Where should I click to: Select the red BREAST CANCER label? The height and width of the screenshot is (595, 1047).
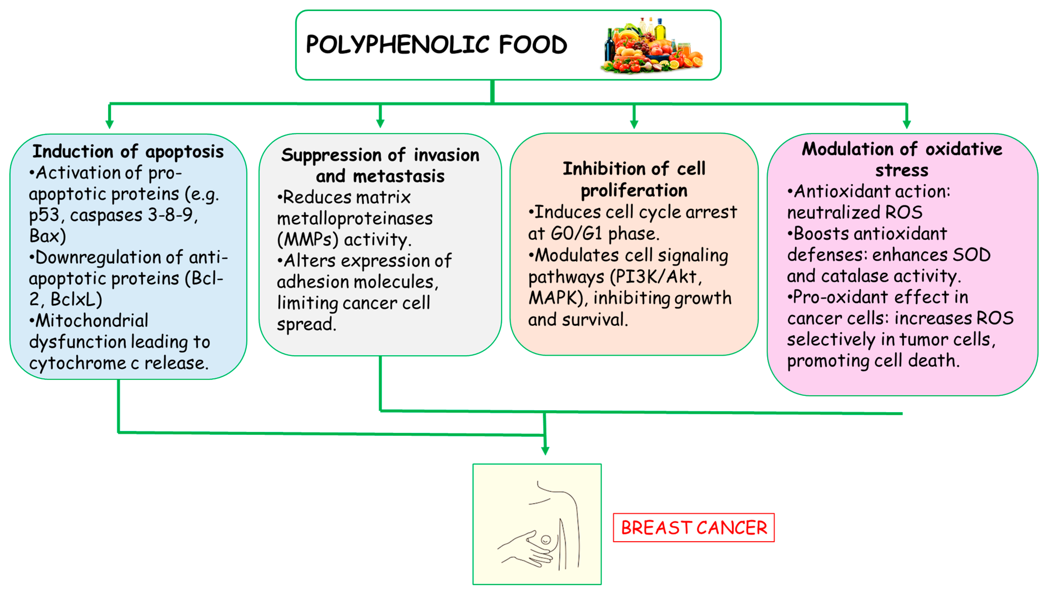(x=693, y=528)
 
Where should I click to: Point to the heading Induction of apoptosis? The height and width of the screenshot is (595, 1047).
(x=128, y=151)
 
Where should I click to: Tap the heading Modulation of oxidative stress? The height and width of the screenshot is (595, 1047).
(x=902, y=159)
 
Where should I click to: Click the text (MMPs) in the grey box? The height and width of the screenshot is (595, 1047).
(x=307, y=239)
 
